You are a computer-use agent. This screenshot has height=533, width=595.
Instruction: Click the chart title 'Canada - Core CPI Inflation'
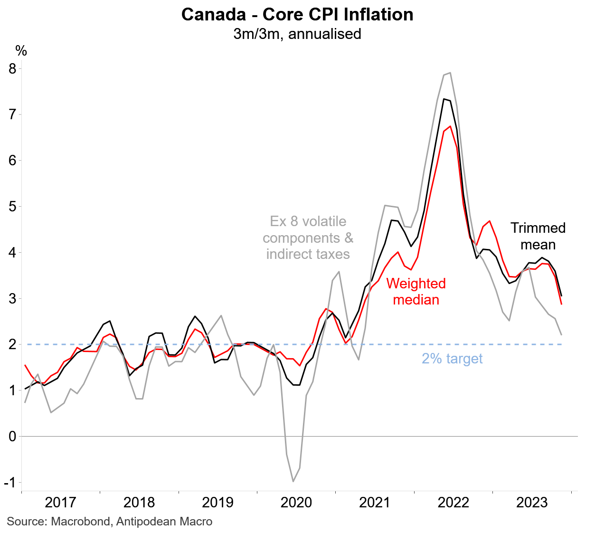[x=297, y=15]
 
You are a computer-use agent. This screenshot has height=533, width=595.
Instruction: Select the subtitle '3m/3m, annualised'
[x=297, y=34]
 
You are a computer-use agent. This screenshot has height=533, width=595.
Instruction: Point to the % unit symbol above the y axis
[x=21, y=51]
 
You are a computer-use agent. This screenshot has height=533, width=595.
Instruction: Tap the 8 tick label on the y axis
[x=12, y=69]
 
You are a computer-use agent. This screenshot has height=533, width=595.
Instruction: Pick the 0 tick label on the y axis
[x=12, y=436]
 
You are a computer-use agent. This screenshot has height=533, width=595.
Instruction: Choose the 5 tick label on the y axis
[x=12, y=207]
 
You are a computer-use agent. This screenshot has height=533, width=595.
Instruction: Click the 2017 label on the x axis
[x=60, y=502]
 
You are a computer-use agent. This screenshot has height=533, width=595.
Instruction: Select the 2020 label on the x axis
[x=296, y=502]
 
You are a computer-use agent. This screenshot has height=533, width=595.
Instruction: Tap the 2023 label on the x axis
[x=532, y=502]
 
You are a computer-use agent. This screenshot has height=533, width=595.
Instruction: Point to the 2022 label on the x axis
[x=453, y=502]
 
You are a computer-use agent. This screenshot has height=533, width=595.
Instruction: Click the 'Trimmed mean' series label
[x=538, y=236]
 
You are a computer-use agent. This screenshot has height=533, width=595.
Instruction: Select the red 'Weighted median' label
[x=416, y=291]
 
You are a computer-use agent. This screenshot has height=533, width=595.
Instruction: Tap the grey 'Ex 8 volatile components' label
[x=308, y=238]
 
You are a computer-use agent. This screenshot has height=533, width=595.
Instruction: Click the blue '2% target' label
[x=452, y=359]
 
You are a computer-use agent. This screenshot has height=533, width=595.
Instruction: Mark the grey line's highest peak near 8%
[x=450, y=73]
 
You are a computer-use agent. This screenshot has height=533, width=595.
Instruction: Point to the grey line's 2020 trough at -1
[x=293, y=481]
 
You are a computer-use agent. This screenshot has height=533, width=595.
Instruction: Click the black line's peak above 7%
[x=444, y=99]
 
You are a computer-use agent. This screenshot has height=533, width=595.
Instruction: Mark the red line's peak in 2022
[x=450, y=126]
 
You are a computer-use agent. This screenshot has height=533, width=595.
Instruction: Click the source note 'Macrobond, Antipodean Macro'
[x=110, y=522]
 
